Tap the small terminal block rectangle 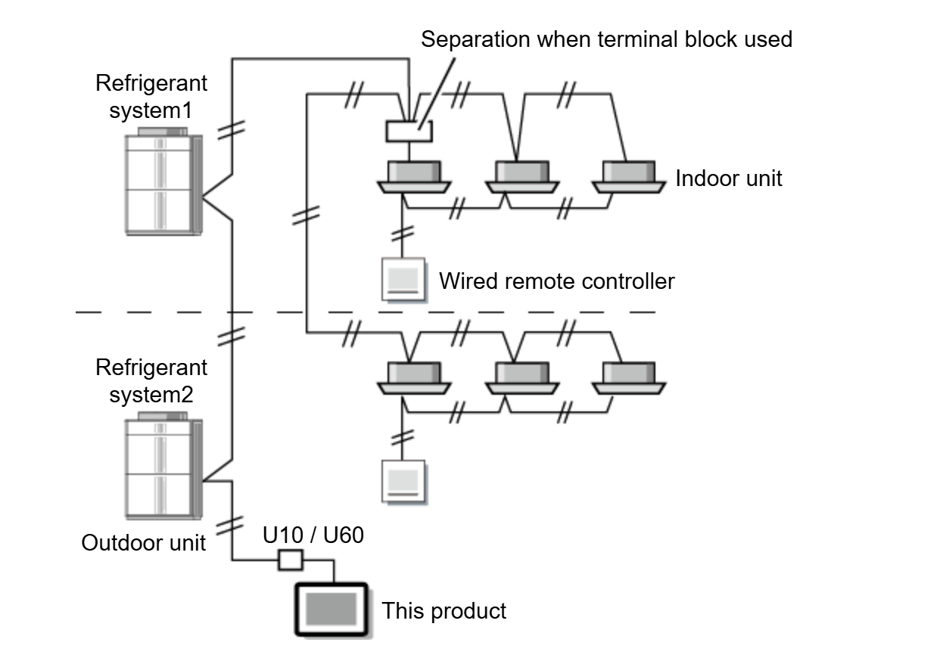tap(409, 132)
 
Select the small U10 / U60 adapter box tap(291, 560)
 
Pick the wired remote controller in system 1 tap(403, 280)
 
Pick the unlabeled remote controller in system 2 tap(403, 481)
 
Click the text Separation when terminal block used tap(606, 39)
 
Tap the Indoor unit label tap(728, 178)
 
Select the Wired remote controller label tap(556, 281)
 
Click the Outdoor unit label tap(144, 542)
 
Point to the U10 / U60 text tap(313, 535)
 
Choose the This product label tap(444, 610)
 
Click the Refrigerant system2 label tap(151, 381)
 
